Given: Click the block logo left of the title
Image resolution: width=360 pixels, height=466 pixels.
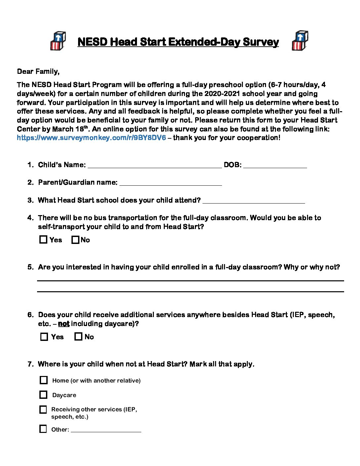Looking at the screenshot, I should coord(58,41).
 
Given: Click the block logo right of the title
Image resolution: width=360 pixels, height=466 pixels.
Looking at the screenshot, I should coord(300,41).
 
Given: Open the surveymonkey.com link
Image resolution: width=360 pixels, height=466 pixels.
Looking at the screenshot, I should coord(91,138).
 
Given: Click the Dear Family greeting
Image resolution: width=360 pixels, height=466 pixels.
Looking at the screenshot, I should coord(38,71).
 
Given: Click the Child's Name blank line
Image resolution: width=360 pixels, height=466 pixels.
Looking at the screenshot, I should coord(155,166).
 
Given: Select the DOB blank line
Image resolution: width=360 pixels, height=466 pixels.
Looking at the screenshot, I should coord(275,166).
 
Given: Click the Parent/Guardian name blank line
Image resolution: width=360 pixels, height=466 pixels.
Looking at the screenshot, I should coord(170,183).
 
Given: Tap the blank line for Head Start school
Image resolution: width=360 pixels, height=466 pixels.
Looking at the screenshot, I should coord(253,201).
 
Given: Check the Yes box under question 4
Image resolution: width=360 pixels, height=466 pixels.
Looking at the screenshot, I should coord(43,240).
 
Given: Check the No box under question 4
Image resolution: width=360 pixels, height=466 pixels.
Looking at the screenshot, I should coord(75,240).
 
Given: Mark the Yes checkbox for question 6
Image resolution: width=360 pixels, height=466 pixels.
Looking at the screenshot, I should coord(44,337).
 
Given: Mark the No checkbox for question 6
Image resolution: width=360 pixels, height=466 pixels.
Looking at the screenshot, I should coord(78,337).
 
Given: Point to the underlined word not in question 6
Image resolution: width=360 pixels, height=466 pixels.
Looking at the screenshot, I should coord(64,324).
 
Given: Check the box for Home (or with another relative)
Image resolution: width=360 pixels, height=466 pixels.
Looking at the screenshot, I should coord(44,380).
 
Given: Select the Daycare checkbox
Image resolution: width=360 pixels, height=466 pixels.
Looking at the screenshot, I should coord(43,395).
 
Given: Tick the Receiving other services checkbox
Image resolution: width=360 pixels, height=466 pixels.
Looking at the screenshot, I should coord(43,409).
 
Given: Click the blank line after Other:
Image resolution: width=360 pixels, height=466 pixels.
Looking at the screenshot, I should coord(106,430).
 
